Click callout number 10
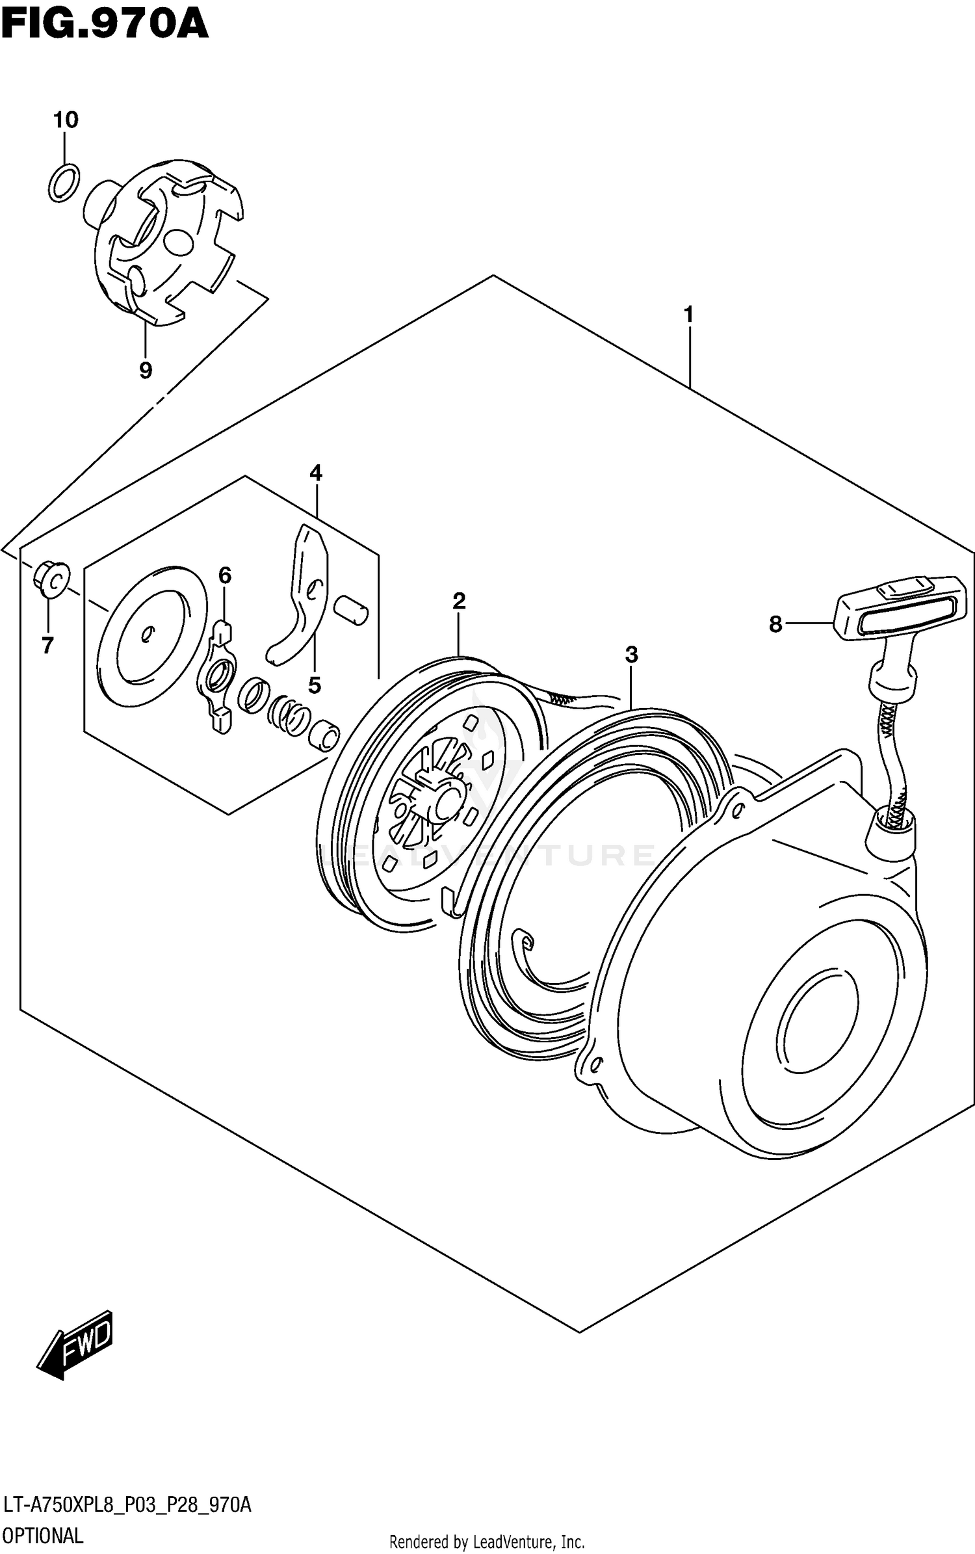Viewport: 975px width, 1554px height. tap(66, 120)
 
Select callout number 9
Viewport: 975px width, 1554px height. tap(146, 370)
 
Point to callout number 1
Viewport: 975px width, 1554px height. tap(688, 315)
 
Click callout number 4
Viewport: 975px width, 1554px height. tap(316, 473)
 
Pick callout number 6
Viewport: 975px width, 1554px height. tap(224, 575)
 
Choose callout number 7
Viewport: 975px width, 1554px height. tap(47, 646)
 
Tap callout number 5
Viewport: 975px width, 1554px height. tap(315, 685)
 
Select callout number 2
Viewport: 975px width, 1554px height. tap(459, 601)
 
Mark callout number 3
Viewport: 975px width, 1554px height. tap(631, 655)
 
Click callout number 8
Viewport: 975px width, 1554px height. tap(775, 624)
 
